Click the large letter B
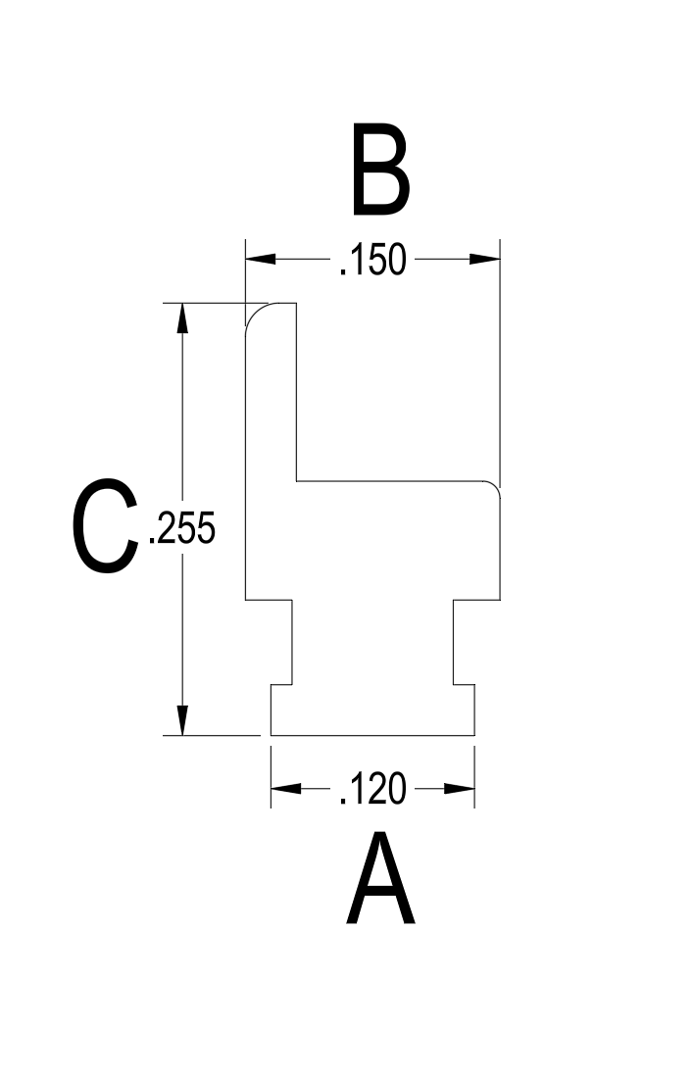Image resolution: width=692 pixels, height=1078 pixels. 380,170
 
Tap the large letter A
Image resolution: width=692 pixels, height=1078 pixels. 380,879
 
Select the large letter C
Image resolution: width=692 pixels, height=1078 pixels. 105,526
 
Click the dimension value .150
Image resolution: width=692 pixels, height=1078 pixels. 372,259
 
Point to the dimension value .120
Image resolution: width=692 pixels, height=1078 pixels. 372,789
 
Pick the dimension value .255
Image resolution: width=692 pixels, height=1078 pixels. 182,528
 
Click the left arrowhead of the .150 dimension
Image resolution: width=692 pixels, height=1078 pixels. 261,259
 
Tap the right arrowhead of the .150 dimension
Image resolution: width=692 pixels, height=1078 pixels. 484,259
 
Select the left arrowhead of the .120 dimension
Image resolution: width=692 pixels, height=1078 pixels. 286,789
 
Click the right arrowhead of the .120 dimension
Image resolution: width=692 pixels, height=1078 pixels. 460,789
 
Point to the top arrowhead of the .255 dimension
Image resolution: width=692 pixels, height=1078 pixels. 182,318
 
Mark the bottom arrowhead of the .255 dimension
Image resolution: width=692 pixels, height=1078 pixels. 182,720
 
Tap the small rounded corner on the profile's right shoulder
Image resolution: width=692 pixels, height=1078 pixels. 495,486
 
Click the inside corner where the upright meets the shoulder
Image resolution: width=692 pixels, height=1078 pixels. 296,481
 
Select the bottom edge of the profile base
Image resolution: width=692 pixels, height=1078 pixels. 372,735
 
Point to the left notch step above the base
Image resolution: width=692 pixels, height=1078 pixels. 282,685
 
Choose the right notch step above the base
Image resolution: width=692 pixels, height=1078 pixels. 464,685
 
